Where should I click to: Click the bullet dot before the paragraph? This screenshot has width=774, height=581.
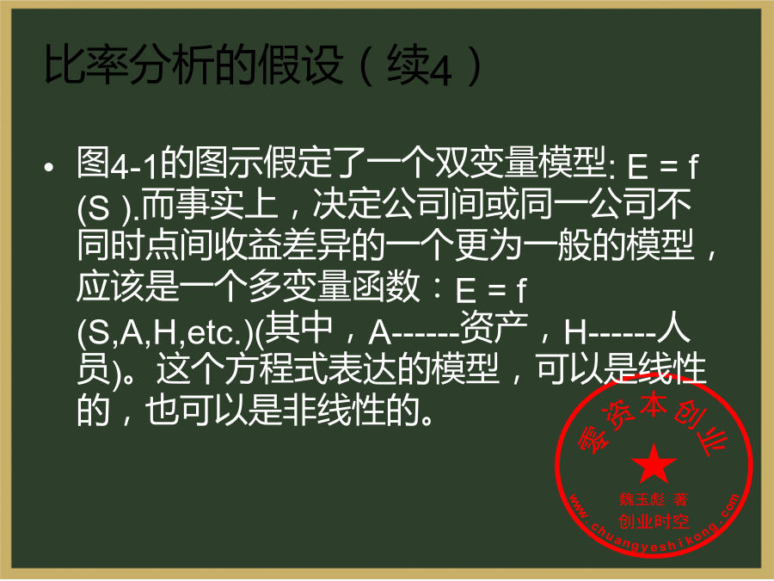pyautogui.click(x=48, y=168)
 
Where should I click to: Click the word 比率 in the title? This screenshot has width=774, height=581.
pyautogui.click(x=86, y=65)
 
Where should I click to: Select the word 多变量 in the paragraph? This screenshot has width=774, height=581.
pyautogui.click(x=299, y=287)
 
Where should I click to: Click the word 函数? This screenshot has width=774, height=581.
pyautogui.click(x=385, y=287)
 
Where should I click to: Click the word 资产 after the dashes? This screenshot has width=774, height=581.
pyautogui.click(x=494, y=328)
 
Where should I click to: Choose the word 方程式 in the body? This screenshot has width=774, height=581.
pyautogui.click(x=275, y=369)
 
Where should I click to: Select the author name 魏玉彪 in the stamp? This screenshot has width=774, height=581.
pyautogui.click(x=642, y=499)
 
